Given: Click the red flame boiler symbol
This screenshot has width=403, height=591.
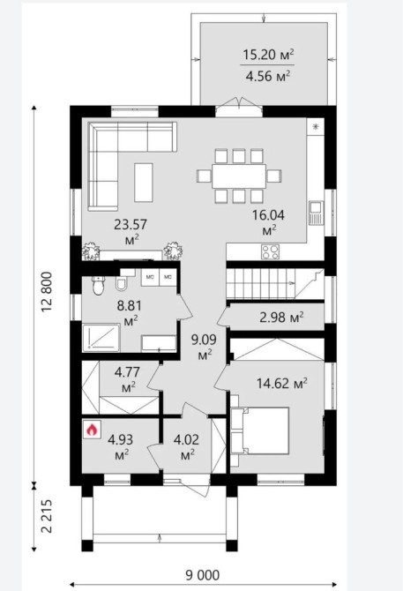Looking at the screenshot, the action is tap(93, 430).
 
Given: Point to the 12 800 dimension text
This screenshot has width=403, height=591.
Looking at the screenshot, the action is tap(47, 291).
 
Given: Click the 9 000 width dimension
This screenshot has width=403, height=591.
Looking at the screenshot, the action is tap(202, 575).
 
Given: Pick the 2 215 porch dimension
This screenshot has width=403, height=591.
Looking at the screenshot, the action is tap(47, 516).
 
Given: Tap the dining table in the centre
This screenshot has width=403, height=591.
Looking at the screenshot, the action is tap(239, 176).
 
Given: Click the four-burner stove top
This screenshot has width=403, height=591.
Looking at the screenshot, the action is tap(271, 251).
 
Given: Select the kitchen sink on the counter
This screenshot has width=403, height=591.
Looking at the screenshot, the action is tap(316, 213).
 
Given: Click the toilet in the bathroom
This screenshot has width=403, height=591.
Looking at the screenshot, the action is tap(98, 286).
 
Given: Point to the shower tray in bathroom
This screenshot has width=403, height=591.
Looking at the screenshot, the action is tap(101, 338).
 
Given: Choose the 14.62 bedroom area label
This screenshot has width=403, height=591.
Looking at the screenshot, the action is tap(281, 384).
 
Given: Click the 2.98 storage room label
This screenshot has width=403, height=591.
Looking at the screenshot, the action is tap(281, 318).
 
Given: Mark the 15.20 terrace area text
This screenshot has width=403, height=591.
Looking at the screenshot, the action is tap(268, 55).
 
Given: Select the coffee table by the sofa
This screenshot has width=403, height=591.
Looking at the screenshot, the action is tap(144, 183).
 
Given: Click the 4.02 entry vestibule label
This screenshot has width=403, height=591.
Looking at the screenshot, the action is tap(186, 446).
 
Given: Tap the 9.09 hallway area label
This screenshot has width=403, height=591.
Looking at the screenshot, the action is tap(204, 347).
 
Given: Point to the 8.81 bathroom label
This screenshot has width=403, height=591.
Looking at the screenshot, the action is tap(129, 312).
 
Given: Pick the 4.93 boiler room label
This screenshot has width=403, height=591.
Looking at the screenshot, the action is tap(120, 446).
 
